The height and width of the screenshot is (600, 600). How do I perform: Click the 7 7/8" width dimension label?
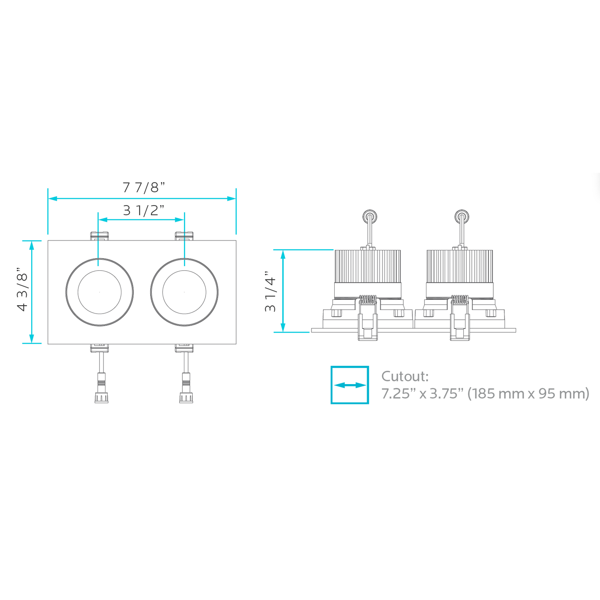[x=144, y=188]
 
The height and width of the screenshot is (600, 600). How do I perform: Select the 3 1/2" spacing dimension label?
[x=144, y=211]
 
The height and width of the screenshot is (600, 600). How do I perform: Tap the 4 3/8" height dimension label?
[x=22, y=292]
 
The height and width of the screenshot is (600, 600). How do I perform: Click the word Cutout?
[x=404, y=377]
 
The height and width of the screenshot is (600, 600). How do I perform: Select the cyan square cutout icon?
[x=350, y=385]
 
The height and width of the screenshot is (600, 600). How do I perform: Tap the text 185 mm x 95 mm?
[x=528, y=393]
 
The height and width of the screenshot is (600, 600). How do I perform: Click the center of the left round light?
[x=100, y=292]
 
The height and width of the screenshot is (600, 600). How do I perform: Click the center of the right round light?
[x=184, y=292]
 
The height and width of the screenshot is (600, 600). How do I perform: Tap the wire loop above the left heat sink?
[x=370, y=216]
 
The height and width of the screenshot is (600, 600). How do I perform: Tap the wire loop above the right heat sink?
[x=461, y=216]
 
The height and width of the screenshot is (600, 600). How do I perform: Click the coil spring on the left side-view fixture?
[x=368, y=299]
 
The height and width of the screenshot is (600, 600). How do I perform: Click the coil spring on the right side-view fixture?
[x=460, y=299]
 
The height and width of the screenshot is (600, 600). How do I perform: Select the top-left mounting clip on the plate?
[x=100, y=236]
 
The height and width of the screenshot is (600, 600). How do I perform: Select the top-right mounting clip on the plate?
[x=184, y=236]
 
